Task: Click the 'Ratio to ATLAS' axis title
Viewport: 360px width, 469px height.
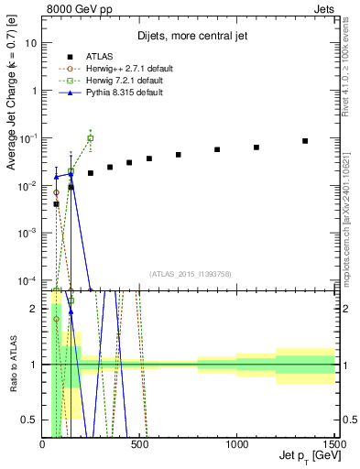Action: click(12, 364)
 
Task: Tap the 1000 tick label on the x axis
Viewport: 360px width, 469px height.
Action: click(237, 443)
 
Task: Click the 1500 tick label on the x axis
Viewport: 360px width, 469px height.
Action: click(334, 443)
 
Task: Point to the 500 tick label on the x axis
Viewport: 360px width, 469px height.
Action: click(140, 443)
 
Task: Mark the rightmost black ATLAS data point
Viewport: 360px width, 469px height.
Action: click(305, 141)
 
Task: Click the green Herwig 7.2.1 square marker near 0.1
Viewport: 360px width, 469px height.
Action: click(90, 138)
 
